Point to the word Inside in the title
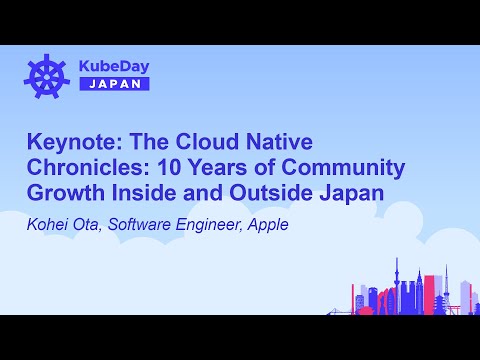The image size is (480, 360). (146, 193)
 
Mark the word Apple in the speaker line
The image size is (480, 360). (268, 224)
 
